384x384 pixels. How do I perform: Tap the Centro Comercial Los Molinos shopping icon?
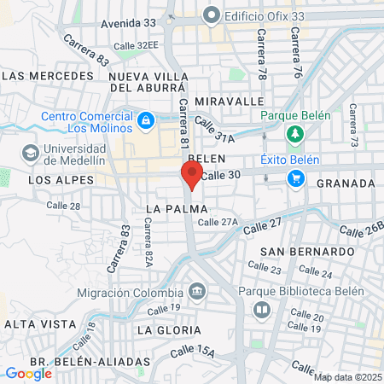146,119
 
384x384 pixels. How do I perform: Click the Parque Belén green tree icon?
295,134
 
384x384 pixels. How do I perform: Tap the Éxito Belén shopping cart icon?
295,177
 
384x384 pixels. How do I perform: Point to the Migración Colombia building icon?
198,292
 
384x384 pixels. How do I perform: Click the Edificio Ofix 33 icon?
211,15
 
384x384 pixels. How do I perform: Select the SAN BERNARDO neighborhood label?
307,252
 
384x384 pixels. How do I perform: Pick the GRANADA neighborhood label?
346,183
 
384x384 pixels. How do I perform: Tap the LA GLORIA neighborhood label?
169,329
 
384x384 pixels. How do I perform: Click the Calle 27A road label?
218,222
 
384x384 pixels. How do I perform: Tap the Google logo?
28,373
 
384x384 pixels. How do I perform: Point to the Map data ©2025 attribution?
347,376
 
